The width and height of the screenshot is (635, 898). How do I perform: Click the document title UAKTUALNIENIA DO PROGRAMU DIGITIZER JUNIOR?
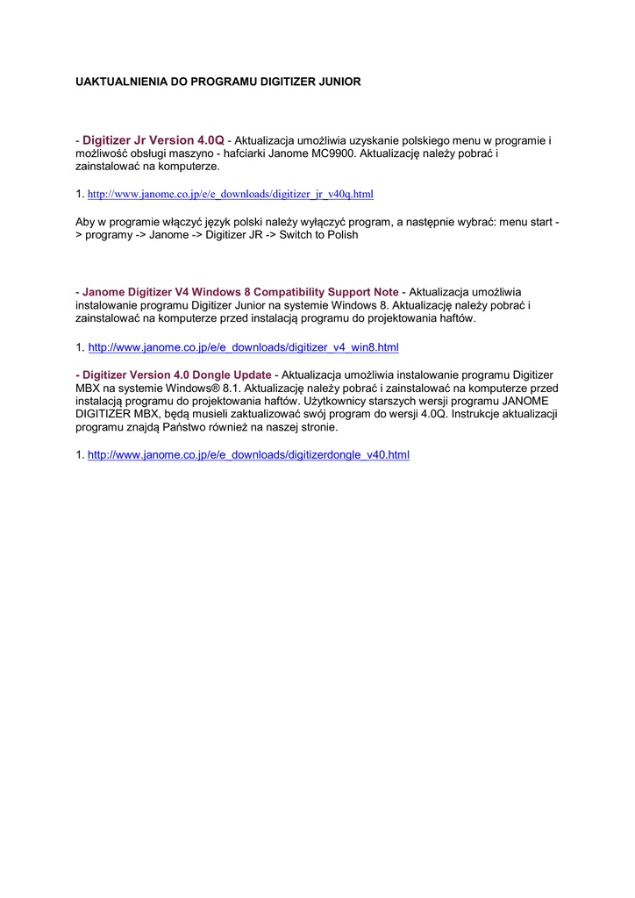tap(218, 82)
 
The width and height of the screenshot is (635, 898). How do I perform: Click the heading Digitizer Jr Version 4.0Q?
tap(153, 140)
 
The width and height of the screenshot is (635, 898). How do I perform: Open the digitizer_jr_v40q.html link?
tap(231, 193)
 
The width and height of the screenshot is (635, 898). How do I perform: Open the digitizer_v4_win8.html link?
tap(243, 347)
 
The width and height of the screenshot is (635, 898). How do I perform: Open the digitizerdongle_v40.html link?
tap(248, 455)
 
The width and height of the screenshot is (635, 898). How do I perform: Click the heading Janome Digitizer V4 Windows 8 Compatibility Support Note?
tap(240, 291)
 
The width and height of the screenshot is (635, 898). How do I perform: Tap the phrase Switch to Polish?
tap(318, 235)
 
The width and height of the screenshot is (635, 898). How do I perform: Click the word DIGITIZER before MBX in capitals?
tap(110, 414)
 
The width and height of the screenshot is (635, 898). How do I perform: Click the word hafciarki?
tap(250, 153)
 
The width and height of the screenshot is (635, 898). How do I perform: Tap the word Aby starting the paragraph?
tap(87, 222)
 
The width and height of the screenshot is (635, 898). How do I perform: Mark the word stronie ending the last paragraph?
tap(317, 427)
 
